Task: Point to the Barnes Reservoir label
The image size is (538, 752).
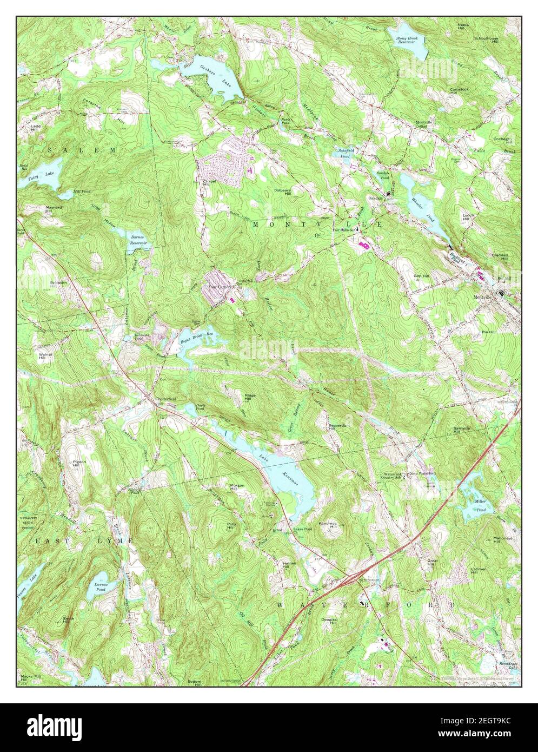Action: point(138,240)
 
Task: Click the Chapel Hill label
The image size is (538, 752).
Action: point(209,183)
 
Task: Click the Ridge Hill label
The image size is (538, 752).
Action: point(250,397)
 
